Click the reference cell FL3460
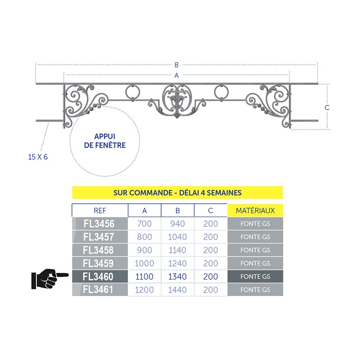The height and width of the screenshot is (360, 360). [100, 276]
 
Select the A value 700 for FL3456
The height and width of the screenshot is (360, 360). [144, 224]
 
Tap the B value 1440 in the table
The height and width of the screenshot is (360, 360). [177, 290]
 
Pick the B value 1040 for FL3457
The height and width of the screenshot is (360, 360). [177, 237]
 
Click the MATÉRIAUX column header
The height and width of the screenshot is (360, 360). [255, 210]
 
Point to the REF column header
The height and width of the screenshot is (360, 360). [100, 210]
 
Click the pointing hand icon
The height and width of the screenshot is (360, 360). [50, 279]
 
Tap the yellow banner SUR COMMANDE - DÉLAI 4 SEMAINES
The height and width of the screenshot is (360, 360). [177, 193]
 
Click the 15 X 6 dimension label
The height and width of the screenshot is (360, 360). [38, 157]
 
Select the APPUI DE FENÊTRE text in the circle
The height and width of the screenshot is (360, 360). [105, 141]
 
